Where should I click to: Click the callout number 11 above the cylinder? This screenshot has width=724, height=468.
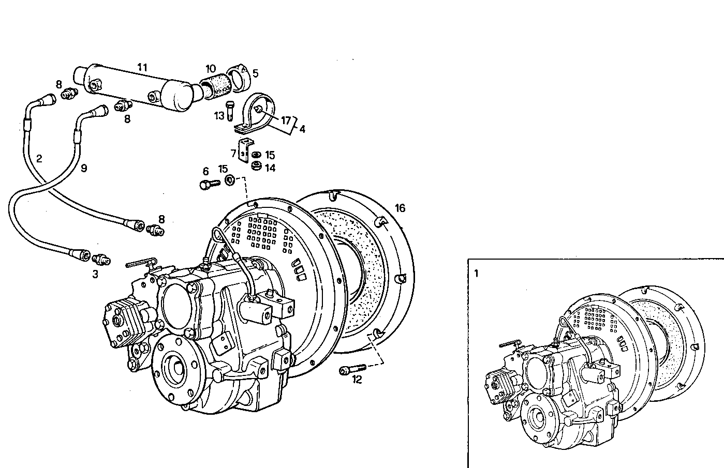142,67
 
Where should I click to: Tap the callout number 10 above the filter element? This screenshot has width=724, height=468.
211,69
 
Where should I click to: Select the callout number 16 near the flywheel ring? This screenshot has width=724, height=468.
400,208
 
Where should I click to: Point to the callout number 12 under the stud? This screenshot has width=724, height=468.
357,380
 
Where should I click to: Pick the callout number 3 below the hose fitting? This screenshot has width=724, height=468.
95,275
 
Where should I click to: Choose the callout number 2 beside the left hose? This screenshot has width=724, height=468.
39,158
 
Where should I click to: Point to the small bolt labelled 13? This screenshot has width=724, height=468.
231,110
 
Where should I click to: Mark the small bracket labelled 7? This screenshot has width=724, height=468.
245,149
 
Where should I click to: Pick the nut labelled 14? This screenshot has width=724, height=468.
256,167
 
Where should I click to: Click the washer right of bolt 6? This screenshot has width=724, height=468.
230,181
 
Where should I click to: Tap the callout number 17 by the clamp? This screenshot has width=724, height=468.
286,121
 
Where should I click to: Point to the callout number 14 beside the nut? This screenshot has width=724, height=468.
270,168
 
